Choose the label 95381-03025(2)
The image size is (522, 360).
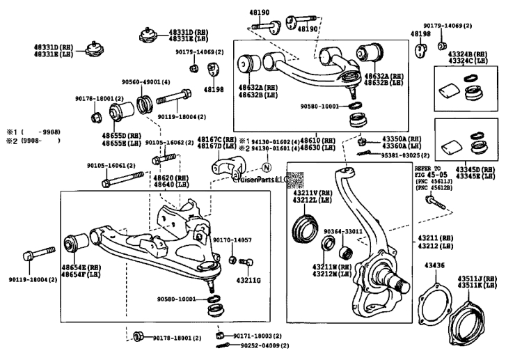click(405, 155)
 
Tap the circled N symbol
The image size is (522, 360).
click(265, 167)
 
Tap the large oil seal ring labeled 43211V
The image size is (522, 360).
click(305, 227)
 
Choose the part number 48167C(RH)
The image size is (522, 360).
click(209, 139)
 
